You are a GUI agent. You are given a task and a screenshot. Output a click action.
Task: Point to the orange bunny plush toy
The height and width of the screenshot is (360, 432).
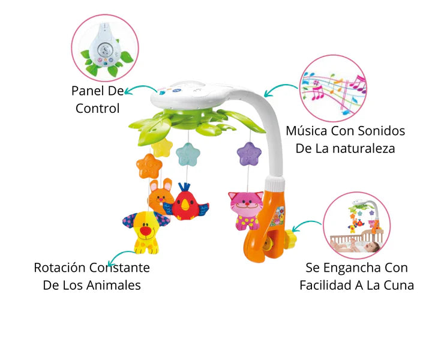[x=160, y=195]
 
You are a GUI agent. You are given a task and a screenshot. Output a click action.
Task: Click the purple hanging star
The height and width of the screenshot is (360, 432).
[x=250, y=154]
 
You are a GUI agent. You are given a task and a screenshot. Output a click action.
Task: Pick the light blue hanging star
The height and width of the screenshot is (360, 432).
[x=188, y=154]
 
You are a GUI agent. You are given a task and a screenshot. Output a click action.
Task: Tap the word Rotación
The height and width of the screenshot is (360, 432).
[x=61, y=268]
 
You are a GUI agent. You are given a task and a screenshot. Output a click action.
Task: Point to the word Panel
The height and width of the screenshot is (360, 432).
[x=88, y=91]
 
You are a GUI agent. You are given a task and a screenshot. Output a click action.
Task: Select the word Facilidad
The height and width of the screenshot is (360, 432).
[x=328, y=285]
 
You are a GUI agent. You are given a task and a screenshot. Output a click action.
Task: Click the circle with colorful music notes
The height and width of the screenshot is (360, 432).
[x=332, y=88]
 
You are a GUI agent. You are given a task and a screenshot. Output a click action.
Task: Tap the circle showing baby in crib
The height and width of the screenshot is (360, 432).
[x=356, y=225]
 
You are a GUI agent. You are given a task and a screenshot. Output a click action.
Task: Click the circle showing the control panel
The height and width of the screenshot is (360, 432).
[x=105, y=48]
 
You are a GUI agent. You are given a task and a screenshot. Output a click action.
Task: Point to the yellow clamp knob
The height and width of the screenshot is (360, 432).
[x=290, y=238]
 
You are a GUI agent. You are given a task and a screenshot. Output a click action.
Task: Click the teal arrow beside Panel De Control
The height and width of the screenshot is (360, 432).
[x=140, y=89]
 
